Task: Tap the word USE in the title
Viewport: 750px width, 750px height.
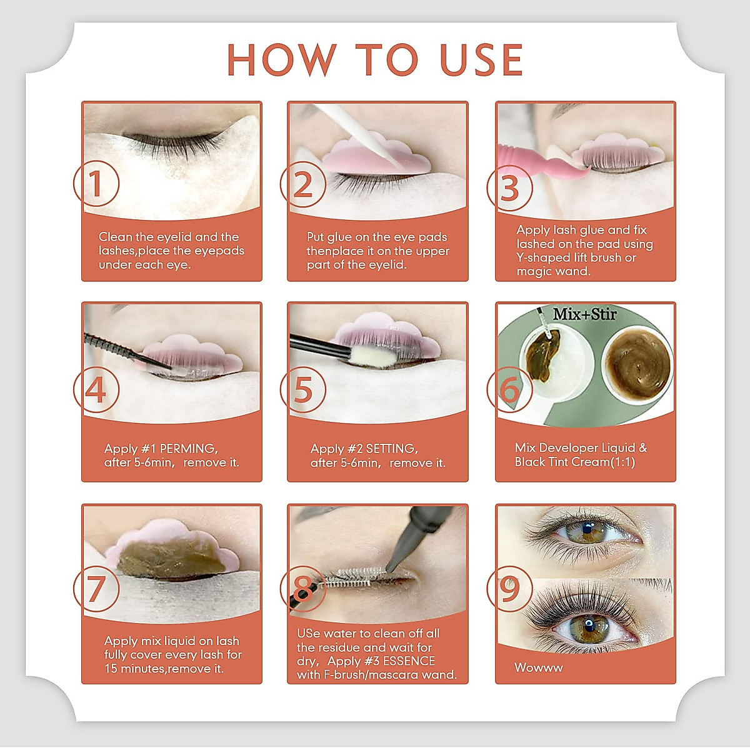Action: coord(481,60)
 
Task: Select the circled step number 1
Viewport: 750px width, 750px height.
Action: coord(96,184)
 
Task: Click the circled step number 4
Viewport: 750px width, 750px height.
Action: coord(96,391)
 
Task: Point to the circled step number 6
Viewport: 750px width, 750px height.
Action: coord(509,391)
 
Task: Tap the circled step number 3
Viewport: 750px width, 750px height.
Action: coord(509,188)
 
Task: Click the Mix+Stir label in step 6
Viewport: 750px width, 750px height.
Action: coord(584,314)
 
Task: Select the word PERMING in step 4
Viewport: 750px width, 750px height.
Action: coord(188,449)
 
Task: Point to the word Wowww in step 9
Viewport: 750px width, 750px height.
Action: coord(539,667)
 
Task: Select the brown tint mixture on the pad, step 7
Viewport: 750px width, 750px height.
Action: coord(170,558)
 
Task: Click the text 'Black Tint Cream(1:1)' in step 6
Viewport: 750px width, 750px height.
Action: coord(574,462)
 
